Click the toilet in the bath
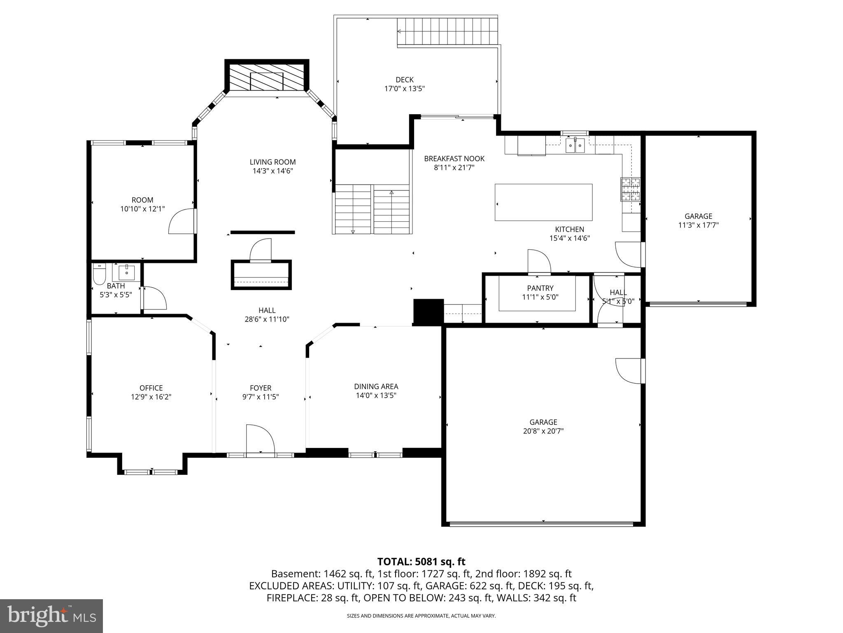(99, 274)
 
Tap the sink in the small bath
(127, 272)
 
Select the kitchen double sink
(575, 145)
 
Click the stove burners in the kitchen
(631, 189)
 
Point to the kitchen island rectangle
(543, 202)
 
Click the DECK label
(405, 80)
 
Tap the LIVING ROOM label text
(272, 162)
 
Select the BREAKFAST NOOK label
(454, 159)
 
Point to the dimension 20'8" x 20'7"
(543, 431)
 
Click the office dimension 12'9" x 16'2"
(151, 397)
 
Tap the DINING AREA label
(376, 386)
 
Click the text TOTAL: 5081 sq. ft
(421, 561)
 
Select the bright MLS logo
(51, 616)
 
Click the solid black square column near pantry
(428, 312)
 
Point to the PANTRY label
(540, 288)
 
